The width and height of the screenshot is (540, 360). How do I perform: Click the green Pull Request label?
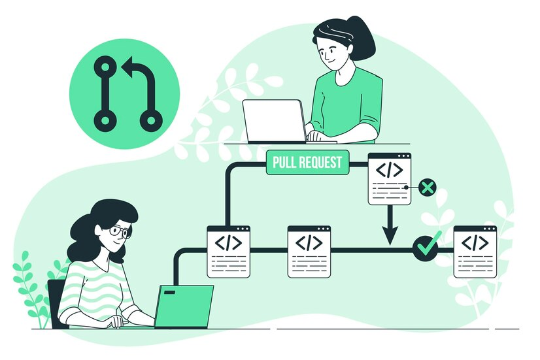pyautogui.click(x=307, y=163)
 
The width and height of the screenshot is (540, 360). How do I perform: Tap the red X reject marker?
pyautogui.click(x=427, y=188)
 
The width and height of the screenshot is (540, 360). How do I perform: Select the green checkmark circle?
pyautogui.click(x=426, y=248)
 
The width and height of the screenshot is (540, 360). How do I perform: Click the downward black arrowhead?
pyautogui.click(x=390, y=236)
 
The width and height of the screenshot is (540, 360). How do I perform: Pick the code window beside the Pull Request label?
pyautogui.click(x=390, y=178)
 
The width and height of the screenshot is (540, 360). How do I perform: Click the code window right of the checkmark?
pyautogui.click(x=475, y=251)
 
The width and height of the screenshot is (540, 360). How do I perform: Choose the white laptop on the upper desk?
pyautogui.click(x=275, y=121)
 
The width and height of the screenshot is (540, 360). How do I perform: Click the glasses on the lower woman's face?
pyautogui.click(x=119, y=231)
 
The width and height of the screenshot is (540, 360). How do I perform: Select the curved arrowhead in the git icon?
pyautogui.click(x=129, y=66)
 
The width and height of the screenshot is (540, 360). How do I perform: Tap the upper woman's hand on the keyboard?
pyautogui.click(x=316, y=137)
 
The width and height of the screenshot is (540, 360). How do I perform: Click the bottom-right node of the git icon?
pyautogui.click(x=151, y=120)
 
